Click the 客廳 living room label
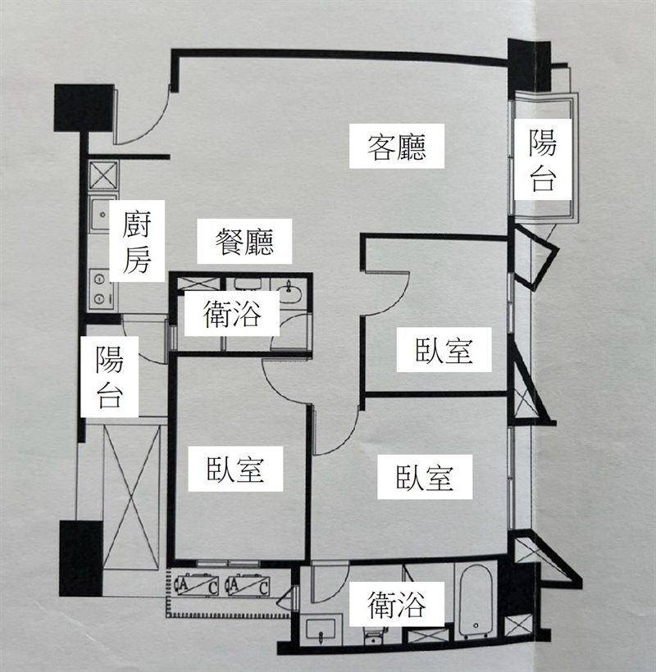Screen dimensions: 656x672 397,146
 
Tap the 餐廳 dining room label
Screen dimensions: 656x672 244,242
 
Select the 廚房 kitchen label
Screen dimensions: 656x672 137,242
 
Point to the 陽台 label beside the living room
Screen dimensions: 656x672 543,160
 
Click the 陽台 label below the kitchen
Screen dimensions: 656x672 110,377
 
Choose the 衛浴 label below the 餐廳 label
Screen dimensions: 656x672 231,314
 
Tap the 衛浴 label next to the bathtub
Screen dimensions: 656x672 397,604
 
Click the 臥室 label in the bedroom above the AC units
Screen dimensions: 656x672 235,469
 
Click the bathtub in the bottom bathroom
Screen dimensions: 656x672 476,601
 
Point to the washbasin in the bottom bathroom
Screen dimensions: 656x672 321,629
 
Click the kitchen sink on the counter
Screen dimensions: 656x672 100,213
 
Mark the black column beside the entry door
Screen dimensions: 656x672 84,108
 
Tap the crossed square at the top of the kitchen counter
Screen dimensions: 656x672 102,175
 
